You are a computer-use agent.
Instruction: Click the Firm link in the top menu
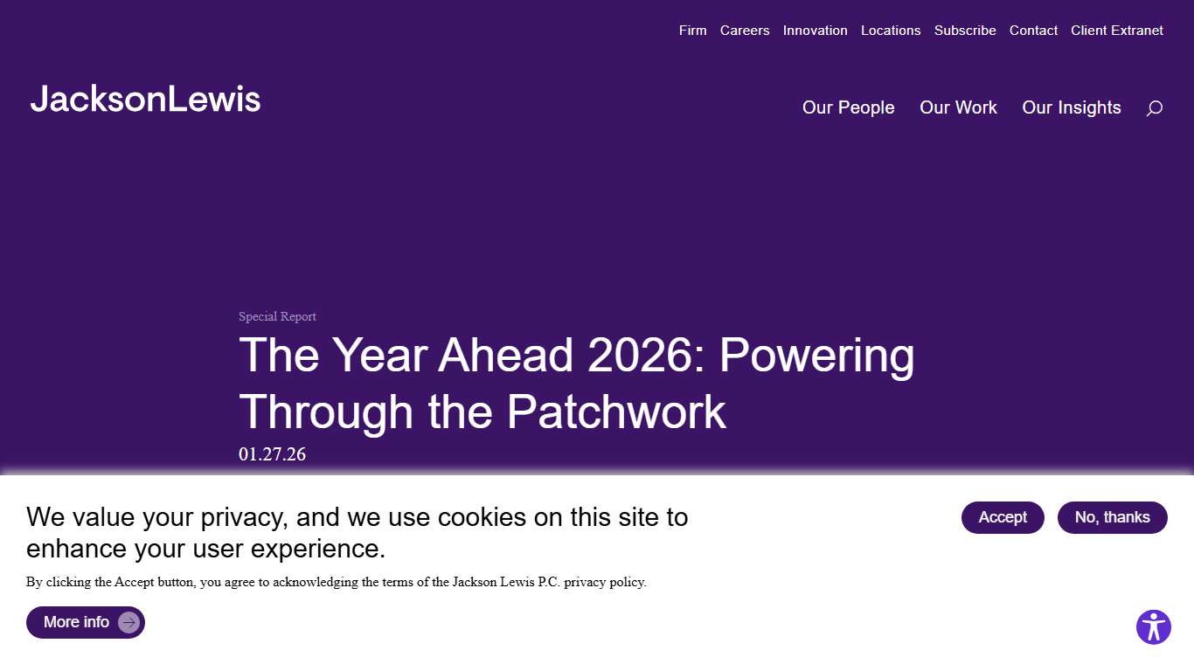click(692, 31)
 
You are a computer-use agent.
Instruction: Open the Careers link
click(745, 31)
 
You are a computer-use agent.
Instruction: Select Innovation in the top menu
click(815, 31)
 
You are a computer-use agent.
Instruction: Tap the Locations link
click(891, 31)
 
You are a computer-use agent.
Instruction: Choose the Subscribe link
click(965, 31)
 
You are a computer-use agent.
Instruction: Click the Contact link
click(1033, 31)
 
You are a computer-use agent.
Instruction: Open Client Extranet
click(1117, 31)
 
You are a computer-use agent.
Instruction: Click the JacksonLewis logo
click(145, 100)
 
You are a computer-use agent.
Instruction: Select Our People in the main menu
click(848, 107)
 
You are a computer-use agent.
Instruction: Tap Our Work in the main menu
click(958, 107)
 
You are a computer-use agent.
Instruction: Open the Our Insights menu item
click(1071, 107)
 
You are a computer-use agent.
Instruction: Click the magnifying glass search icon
click(1154, 108)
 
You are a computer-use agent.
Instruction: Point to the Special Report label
click(277, 316)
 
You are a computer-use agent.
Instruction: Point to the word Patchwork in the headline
click(616, 412)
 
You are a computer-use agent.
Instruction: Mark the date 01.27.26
click(272, 454)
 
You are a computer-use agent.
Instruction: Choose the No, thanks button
click(1112, 517)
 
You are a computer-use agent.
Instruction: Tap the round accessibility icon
click(1153, 627)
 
